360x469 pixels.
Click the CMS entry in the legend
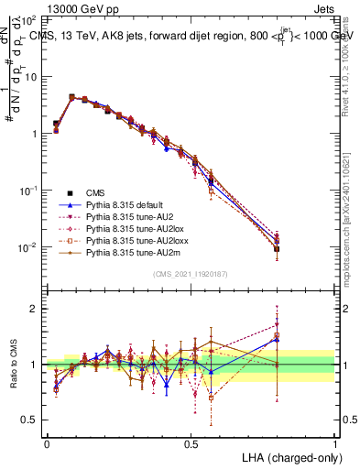(95, 192)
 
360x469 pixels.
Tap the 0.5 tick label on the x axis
(191, 443)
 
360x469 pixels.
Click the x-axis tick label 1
(335, 443)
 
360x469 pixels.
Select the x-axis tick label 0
(47, 443)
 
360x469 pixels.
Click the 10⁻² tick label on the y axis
(29, 247)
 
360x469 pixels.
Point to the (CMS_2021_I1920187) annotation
(190, 273)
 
